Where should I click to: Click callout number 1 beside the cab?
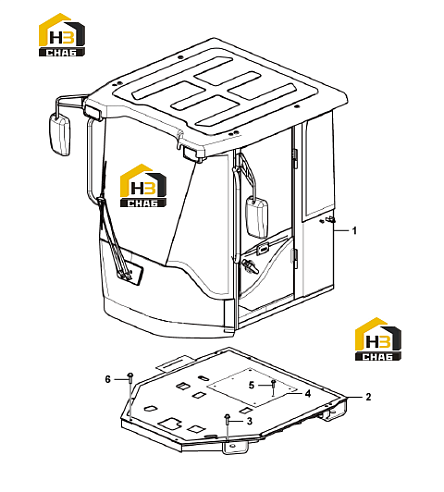[x=354, y=230]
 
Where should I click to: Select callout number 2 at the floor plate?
[x=368, y=397]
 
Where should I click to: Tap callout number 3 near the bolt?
[x=249, y=421]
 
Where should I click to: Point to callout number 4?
[x=308, y=393]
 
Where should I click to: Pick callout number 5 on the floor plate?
[x=252, y=385]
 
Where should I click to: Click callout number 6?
[x=107, y=379]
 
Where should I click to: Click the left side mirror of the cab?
[x=60, y=134]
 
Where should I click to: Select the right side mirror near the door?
[x=257, y=217]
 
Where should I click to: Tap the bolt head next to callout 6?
[x=130, y=375]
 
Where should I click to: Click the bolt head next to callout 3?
[x=227, y=417]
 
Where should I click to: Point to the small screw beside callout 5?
[x=273, y=382]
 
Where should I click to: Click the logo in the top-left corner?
[x=62, y=35]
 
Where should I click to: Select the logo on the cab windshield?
[x=143, y=185]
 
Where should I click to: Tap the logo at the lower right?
[x=378, y=339]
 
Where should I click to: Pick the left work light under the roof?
[x=93, y=112]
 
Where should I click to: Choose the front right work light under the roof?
[x=193, y=153]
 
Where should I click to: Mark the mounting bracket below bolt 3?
[x=235, y=446]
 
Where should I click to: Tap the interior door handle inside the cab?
[x=250, y=266]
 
